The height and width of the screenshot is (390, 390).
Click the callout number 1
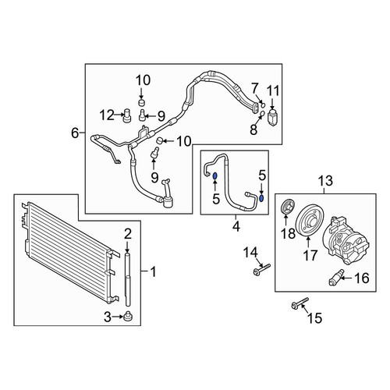pos(154,271)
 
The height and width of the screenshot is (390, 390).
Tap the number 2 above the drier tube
pos(128,234)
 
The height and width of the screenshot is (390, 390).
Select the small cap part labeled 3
pos(128,316)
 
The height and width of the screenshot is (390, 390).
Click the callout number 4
pos(236,227)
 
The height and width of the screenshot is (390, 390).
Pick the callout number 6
pos(75,133)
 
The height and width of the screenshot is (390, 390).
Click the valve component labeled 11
pos(272,119)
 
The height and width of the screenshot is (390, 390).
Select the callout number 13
pos(325,180)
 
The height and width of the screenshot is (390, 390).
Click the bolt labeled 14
pos(261,269)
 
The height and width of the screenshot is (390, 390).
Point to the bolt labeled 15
pos(300,303)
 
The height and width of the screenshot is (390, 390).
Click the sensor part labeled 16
pos(336,278)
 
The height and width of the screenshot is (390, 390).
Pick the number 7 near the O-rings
pos(254,88)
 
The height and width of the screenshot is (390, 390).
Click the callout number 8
pos(253,129)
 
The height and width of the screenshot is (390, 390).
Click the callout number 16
pos(362,278)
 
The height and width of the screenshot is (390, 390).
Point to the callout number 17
pos(310,255)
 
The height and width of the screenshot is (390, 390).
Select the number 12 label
pos(108,115)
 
